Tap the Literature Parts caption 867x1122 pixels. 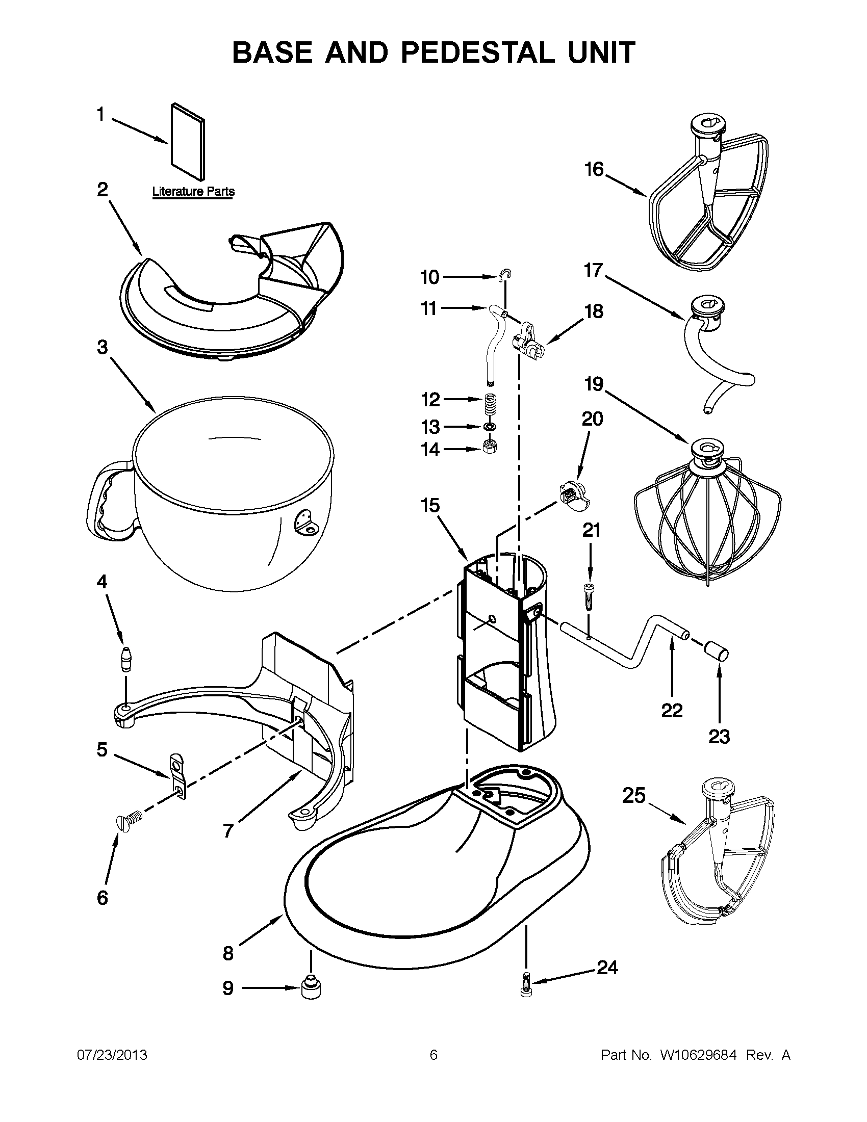click(x=193, y=192)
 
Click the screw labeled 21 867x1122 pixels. click(x=590, y=596)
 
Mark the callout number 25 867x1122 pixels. click(x=634, y=795)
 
